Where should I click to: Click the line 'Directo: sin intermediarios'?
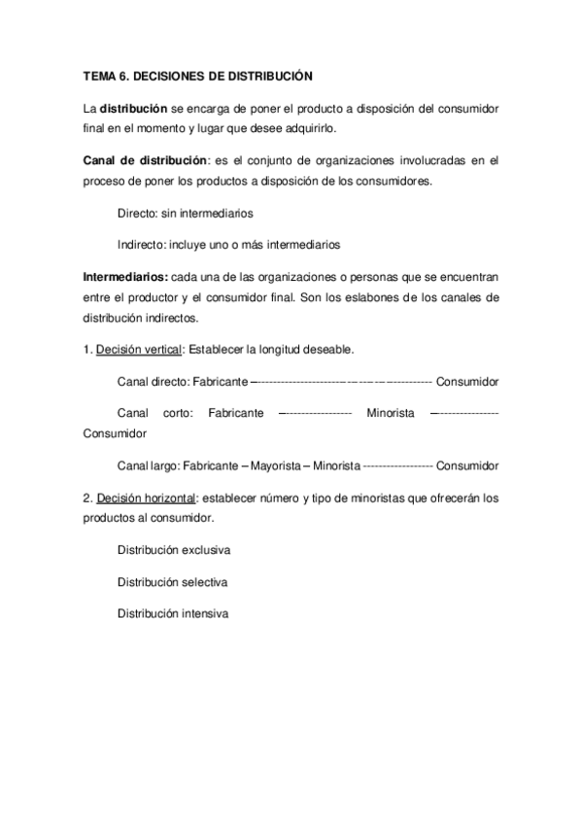(x=186, y=213)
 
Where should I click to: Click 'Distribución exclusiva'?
(x=174, y=551)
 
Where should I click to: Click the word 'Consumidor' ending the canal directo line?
(x=468, y=381)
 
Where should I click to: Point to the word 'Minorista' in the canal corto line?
(x=392, y=413)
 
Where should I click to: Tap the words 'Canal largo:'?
(x=147, y=465)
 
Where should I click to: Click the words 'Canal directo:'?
(x=153, y=381)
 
